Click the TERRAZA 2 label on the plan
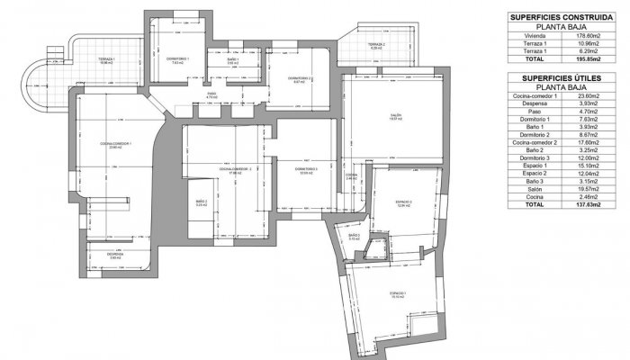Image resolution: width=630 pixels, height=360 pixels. pyautogui.click(x=375, y=45)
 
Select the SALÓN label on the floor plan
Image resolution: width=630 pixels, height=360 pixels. pyautogui.click(x=395, y=115)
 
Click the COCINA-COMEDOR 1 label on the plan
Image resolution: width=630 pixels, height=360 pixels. pyautogui.click(x=121, y=144)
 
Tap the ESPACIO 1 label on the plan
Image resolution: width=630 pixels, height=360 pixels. pyautogui.click(x=399, y=293)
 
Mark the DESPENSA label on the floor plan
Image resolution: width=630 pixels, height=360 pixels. pyautogui.click(x=115, y=254)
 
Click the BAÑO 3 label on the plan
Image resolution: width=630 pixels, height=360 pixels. pyautogui.click(x=354, y=237)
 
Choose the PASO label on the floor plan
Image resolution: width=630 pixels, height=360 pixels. pyautogui.click(x=211, y=93)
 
